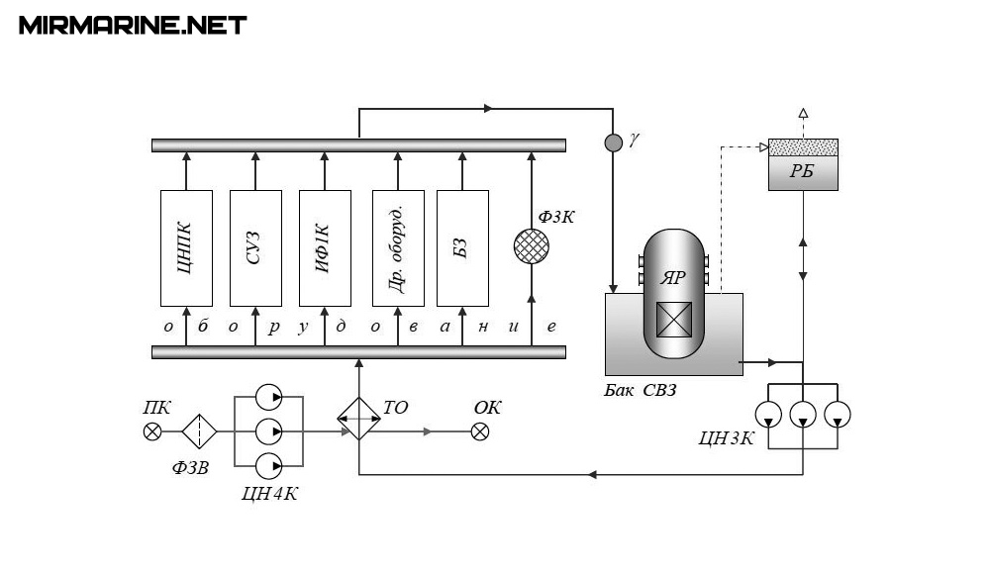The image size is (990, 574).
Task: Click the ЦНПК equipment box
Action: point(186,247)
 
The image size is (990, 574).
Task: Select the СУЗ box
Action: point(255,247)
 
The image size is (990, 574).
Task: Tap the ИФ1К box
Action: point(326,247)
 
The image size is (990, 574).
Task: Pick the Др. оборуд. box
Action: point(398,247)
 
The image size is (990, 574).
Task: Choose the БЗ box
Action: point(462,247)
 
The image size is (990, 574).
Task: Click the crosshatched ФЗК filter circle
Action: point(532,245)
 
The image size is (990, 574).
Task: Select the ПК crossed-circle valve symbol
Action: point(152,430)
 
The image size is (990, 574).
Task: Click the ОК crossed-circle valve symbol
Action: point(480,430)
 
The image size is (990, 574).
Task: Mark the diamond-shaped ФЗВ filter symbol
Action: point(199,430)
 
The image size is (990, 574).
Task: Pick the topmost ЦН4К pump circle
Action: point(268,398)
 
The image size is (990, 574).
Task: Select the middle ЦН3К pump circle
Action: point(803,414)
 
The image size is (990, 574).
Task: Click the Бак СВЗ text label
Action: point(641,390)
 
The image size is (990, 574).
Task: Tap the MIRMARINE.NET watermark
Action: point(133,25)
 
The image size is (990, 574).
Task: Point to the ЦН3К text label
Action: point(726,437)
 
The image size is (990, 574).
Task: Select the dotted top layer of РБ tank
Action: point(803,147)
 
